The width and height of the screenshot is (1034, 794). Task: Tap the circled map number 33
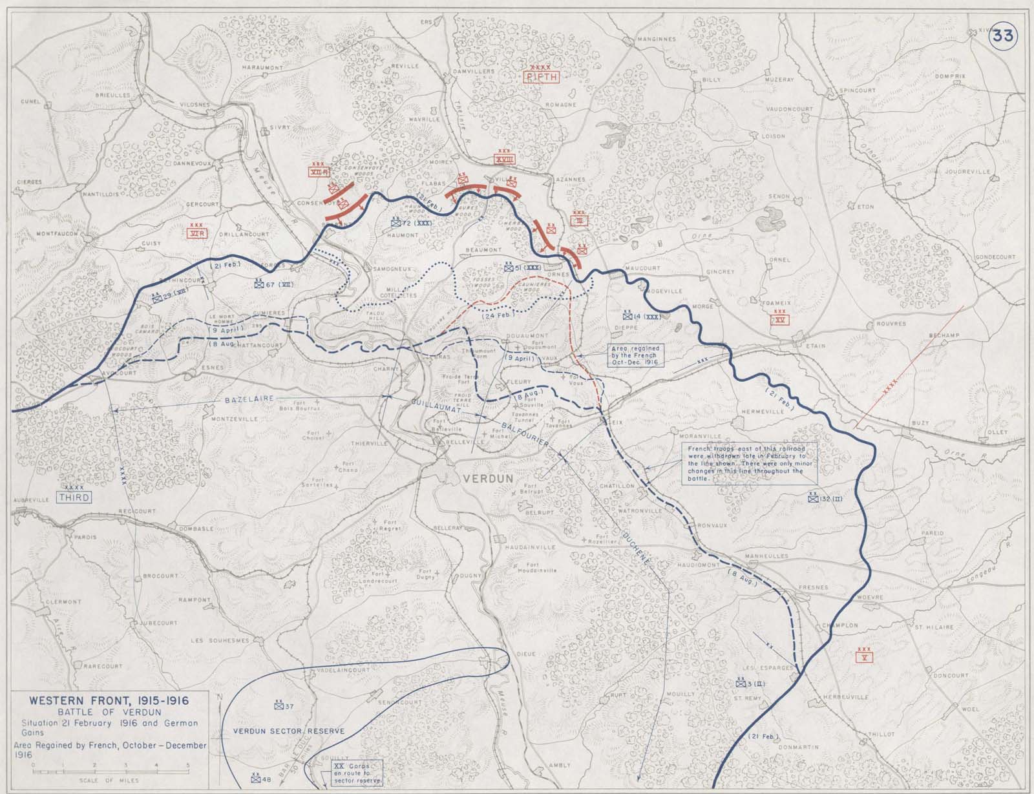point(1002,36)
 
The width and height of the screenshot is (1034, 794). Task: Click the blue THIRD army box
point(73,497)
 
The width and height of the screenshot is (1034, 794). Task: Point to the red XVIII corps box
point(504,158)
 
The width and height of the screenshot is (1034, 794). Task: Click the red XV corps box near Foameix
point(782,320)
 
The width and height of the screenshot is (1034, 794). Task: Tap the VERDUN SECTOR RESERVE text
point(289,731)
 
